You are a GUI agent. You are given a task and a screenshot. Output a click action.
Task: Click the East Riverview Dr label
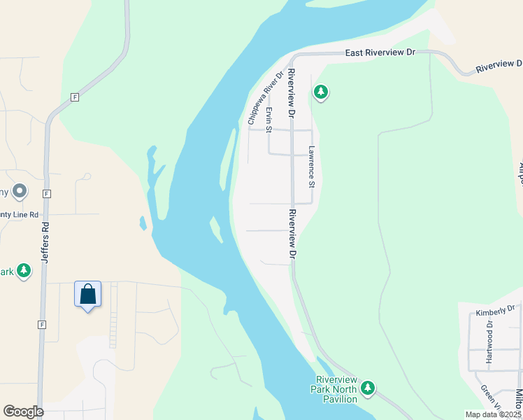pos(381,53)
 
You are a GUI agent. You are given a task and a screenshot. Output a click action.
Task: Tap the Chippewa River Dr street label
pos(265,99)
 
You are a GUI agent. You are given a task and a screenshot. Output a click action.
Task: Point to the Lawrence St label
pos(313,167)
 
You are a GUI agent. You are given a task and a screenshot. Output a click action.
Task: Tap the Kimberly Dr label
pos(494,310)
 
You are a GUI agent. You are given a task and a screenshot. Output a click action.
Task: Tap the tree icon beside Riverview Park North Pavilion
pos(368,388)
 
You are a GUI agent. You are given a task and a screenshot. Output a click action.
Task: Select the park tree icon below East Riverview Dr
pos(321,92)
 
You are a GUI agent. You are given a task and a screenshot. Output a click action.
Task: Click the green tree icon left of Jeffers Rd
pos(24,270)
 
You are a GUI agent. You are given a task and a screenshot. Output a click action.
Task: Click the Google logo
pos(23,412)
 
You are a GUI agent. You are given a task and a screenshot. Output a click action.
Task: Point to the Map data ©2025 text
pos(493,414)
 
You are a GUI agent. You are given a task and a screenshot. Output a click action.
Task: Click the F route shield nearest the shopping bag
pos(43,325)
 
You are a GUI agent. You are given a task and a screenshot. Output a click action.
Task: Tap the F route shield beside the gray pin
pos(46,193)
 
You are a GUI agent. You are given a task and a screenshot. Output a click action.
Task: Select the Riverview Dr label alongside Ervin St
pos(291,93)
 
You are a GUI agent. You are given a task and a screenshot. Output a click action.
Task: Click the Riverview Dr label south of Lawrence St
pos(293,233)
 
